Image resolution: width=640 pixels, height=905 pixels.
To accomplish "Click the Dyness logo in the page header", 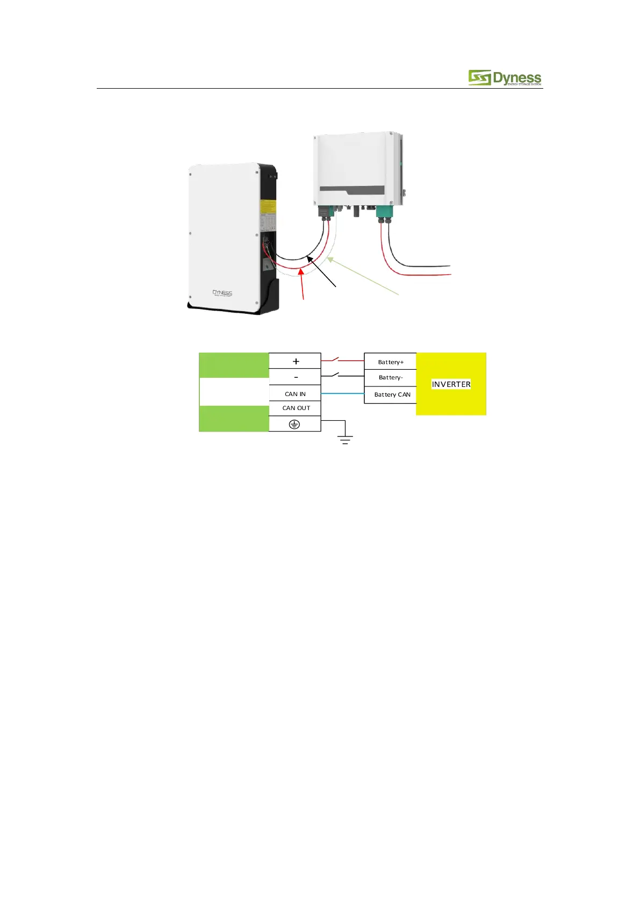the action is [504, 78].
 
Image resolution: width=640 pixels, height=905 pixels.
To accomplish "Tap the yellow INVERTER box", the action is [451, 384].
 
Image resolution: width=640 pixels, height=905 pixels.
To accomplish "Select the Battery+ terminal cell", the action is [390, 362].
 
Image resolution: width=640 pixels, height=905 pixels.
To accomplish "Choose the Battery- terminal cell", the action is [390, 377].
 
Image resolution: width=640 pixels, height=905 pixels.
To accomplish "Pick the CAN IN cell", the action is [295, 394].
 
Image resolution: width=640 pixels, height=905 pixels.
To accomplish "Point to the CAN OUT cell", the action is [296, 408].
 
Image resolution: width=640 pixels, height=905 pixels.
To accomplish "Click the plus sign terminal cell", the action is [295, 361].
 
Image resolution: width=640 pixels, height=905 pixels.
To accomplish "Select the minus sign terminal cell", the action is [295, 377].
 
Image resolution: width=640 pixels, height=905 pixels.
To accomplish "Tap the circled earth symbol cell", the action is [294, 424].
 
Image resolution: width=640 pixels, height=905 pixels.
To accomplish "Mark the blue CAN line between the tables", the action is [342, 394].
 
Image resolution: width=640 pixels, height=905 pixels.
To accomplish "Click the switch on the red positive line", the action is [335, 358].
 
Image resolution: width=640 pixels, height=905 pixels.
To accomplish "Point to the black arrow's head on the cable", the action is [309, 259].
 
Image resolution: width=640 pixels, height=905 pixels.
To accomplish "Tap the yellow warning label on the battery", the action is [268, 207].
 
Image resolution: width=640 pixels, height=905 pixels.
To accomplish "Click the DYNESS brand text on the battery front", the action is [222, 293].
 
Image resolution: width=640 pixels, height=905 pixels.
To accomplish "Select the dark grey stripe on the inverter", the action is [352, 190].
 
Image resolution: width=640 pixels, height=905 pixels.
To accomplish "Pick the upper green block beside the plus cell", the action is [234, 365].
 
